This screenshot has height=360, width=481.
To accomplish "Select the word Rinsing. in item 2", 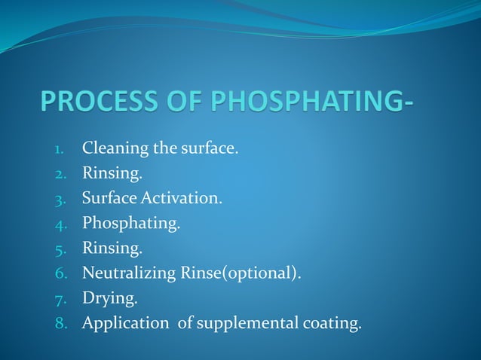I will coord(112,174).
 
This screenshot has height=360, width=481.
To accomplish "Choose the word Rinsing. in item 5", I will coord(112,249).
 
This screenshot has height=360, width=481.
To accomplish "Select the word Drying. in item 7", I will coord(110,300).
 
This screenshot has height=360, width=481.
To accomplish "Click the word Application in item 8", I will coord(126,325).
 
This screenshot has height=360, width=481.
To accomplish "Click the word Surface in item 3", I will coord(109,199).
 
